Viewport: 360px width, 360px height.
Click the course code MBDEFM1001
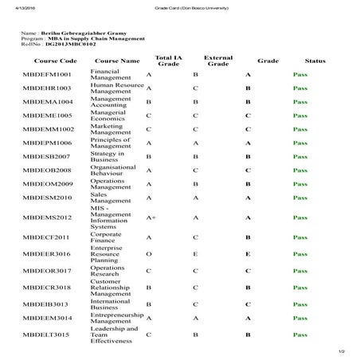click(48, 74)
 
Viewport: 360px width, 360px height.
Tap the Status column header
click(315, 61)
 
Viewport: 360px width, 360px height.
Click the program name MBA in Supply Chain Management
click(96, 38)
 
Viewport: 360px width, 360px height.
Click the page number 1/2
click(341, 350)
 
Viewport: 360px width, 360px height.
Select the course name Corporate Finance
click(107, 237)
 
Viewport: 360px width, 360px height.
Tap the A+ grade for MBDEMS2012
click(151, 217)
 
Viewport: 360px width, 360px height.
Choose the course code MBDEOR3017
click(48, 272)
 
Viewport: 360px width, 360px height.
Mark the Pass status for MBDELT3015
click(300, 335)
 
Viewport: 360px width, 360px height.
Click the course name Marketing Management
click(112, 128)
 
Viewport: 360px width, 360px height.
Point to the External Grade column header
click(218, 61)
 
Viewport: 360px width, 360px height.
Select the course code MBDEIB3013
click(47, 304)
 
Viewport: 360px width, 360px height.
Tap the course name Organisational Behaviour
click(114, 170)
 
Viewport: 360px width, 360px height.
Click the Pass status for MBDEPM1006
click(300, 143)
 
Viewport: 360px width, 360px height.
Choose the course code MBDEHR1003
click(48, 88)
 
